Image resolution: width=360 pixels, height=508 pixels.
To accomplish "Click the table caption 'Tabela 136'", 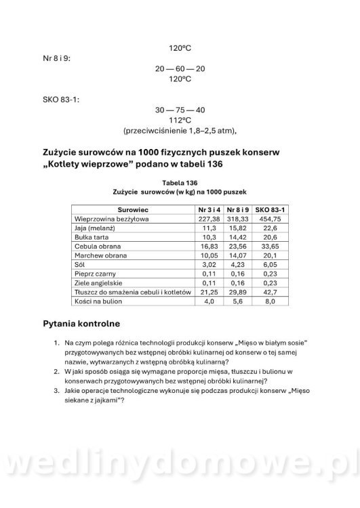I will click(x=180, y=183).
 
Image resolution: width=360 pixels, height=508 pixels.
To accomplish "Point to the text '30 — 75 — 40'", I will click(x=180, y=110).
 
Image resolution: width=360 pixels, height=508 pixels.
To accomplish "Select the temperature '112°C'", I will click(x=180, y=120).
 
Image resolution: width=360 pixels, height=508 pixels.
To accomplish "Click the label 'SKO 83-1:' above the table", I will click(x=61, y=100).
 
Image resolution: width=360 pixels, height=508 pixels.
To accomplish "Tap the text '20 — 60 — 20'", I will click(x=180, y=68).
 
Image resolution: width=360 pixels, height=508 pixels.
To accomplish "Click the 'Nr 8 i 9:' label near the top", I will click(x=56, y=58).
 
